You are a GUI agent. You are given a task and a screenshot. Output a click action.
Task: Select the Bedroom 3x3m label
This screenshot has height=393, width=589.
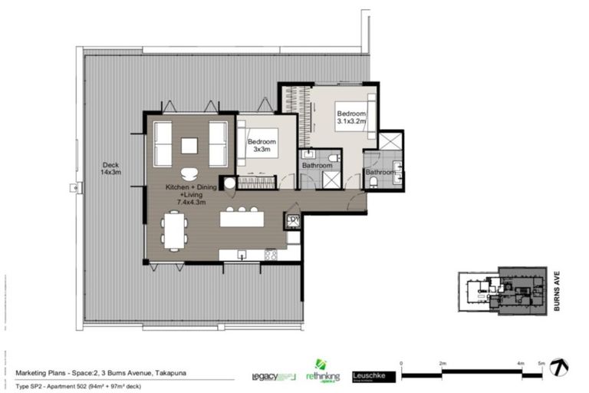point(262,146)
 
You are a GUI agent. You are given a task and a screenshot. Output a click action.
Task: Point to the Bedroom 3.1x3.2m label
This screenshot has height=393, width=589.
point(352,117)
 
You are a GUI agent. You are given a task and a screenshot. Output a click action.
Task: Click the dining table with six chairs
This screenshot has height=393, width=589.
point(174,231)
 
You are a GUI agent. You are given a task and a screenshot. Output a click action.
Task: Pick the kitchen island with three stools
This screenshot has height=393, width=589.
point(242,218)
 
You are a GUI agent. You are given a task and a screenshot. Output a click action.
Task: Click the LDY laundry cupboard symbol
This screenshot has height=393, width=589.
point(292,222)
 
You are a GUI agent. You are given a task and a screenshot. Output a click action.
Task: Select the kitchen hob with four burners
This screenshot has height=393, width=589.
point(270,254)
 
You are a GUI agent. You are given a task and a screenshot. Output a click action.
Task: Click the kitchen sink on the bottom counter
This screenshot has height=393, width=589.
point(241,254)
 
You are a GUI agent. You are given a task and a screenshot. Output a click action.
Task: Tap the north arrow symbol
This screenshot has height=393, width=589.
point(559,368)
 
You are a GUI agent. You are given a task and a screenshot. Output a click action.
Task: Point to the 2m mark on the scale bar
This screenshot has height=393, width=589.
point(443,363)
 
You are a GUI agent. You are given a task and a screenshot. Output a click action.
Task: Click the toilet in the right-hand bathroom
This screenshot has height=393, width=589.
point(383,183)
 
